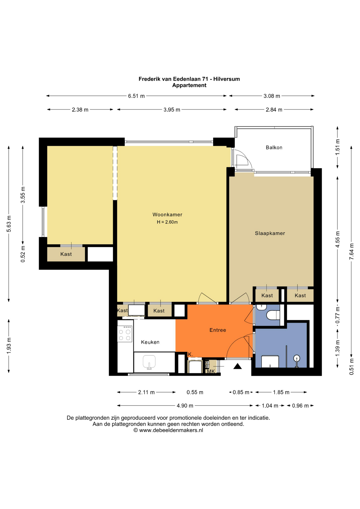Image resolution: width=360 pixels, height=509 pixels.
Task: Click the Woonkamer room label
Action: pyautogui.click(x=167, y=214)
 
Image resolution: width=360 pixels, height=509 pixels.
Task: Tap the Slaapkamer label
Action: pyautogui.click(x=270, y=233)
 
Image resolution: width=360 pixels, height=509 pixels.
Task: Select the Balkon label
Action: pyautogui.click(x=274, y=147)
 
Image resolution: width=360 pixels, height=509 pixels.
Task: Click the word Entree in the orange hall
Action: pyautogui.click(x=218, y=330)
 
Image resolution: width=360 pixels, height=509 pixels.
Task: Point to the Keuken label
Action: pyautogui.click(x=150, y=342)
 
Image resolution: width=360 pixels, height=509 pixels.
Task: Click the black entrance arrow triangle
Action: pyautogui.click(x=238, y=366)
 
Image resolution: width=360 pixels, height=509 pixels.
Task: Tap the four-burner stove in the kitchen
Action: pyautogui.click(x=125, y=334)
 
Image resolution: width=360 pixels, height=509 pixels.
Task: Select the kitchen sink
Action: pyautogui.click(x=149, y=362)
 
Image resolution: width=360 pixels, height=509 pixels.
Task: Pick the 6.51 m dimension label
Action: pyautogui.click(x=136, y=96)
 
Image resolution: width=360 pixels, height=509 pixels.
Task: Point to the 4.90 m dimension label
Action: pyautogui.click(x=185, y=406)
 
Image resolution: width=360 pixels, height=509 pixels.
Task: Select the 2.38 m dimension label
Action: pyautogui.click(x=80, y=109)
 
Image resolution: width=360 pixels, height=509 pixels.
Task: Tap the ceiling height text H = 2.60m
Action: pyautogui.click(x=167, y=222)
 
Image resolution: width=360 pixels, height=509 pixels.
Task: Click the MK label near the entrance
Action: pyautogui.click(x=211, y=371)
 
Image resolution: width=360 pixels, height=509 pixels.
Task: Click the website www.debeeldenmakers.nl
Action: pyautogui.click(x=171, y=430)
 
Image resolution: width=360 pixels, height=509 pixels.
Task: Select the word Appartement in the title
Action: pyautogui.click(x=189, y=85)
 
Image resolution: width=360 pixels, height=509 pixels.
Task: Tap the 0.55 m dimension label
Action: pyautogui.click(x=195, y=392)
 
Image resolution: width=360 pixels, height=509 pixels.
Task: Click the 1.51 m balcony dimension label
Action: pyautogui.click(x=337, y=147)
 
